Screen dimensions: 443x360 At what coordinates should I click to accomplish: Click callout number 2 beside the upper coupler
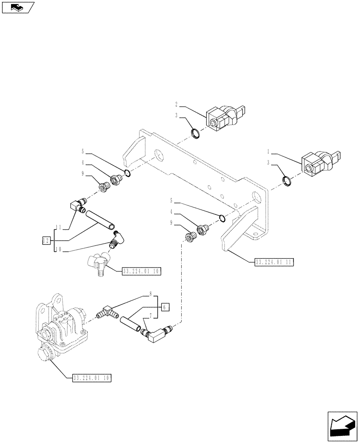(176, 105)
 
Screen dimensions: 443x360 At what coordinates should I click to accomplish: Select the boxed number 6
(164, 307)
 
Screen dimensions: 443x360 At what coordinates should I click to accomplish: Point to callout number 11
(59, 228)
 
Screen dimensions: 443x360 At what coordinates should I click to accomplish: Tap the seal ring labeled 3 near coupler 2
(195, 132)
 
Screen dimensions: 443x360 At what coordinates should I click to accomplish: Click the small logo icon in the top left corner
(17, 8)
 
